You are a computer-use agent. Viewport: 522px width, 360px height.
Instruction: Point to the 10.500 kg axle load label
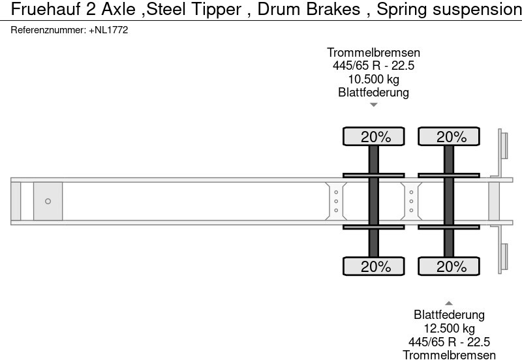pos(373,79)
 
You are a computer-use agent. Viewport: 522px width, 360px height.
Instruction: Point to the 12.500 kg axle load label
pos(449,328)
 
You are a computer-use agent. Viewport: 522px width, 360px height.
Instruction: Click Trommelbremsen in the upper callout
pos(373,53)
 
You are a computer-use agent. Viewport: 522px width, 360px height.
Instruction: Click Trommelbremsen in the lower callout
pos(449,355)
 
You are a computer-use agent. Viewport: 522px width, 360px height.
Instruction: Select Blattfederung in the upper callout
pos(373,92)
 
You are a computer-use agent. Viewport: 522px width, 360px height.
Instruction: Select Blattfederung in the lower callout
pos(449,315)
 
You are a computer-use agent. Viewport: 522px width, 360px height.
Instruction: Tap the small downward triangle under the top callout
pos(373,104)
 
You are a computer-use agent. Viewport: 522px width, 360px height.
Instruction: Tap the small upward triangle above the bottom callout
pos(449,303)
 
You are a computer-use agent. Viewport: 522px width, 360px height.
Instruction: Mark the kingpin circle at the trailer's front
pos(48,202)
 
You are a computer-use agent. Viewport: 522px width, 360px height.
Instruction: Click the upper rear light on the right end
pos(503,144)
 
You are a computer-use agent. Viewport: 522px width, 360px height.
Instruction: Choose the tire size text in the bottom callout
pos(449,342)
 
